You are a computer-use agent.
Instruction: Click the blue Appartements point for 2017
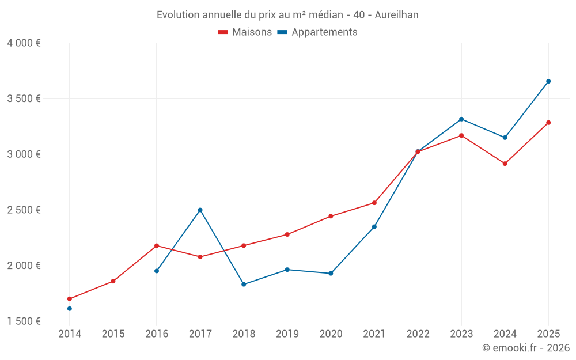[x=200, y=210]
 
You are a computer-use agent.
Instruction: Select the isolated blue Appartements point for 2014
[x=70, y=309]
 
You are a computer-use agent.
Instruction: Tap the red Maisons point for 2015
[x=113, y=281]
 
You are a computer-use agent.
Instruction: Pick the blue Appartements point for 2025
[x=548, y=81]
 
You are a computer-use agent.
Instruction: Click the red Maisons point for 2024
[x=505, y=164]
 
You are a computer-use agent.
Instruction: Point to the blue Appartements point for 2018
[x=244, y=284]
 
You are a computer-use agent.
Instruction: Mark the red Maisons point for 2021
[x=374, y=203]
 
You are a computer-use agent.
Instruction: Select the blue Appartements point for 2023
[x=461, y=119]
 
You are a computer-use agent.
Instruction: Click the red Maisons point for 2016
[x=157, y=246]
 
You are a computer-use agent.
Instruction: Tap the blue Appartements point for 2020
[x=331, y=273]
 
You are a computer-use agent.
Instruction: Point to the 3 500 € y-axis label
[x=24, y=98]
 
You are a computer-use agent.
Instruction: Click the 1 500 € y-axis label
[x=24, y=321]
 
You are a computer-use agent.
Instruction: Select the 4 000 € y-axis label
[x=24, y=43]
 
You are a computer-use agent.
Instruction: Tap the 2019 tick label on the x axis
[x=287, y=334]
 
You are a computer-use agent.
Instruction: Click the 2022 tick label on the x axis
[x=418, y=334]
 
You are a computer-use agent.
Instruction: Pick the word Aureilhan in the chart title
[x=396, y=15]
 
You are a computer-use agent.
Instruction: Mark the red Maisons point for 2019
[x=287, y=234]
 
